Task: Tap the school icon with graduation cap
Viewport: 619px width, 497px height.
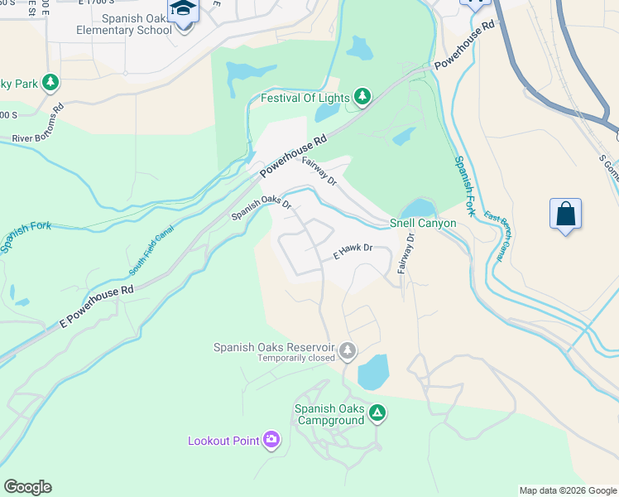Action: (183, 10)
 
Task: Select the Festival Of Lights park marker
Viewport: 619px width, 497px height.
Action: (362, 98)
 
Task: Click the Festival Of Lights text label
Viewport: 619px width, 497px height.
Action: (305, 98)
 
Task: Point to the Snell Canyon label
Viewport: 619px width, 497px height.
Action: (423, 224)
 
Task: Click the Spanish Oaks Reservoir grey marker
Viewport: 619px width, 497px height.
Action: (348, 351)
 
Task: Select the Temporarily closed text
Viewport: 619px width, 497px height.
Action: (295, 358)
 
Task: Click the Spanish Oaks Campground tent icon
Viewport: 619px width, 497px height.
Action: (377, 412)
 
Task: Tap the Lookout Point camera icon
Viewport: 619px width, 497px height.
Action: (271, 440)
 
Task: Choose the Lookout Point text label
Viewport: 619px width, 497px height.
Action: (223, 441)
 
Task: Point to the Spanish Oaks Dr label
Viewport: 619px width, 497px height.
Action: (262, 207)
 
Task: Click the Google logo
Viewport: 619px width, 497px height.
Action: (27, 486)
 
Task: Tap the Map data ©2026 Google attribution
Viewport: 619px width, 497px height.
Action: (568, 490)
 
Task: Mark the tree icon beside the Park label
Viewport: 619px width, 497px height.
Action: (50, 82)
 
